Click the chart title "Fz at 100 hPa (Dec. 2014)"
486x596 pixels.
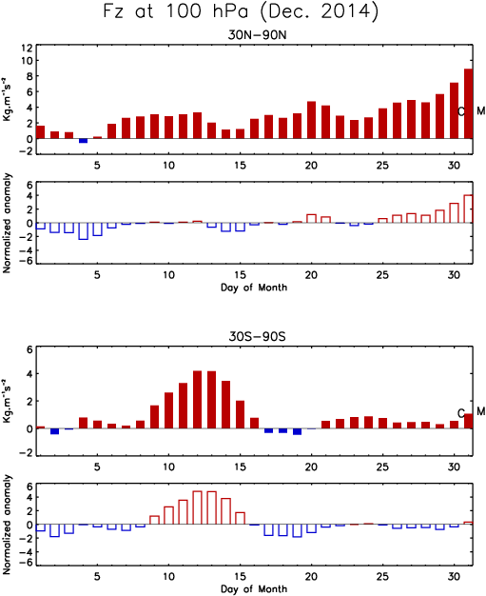(241, 11)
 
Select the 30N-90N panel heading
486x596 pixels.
(257, 35)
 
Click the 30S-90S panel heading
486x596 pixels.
(257, 336)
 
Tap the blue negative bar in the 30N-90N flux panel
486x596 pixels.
(83, 141)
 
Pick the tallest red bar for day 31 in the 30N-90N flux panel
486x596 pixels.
(468, 104)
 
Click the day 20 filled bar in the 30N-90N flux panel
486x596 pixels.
(311, 120)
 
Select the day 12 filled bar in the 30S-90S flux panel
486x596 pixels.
(198, 400)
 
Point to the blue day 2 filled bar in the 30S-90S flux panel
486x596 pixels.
(54, 431)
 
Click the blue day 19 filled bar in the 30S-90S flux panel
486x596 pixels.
(297, 432)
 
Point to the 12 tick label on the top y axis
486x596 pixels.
(28, 48)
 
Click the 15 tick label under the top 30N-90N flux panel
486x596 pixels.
(240, 166)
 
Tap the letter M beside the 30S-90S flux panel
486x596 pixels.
(480, 411)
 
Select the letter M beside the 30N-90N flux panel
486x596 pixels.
(480, 111)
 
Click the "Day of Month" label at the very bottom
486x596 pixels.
(254, 588)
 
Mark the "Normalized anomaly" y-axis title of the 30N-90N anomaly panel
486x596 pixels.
(7, 223)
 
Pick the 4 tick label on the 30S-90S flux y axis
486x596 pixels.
(29, 374)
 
